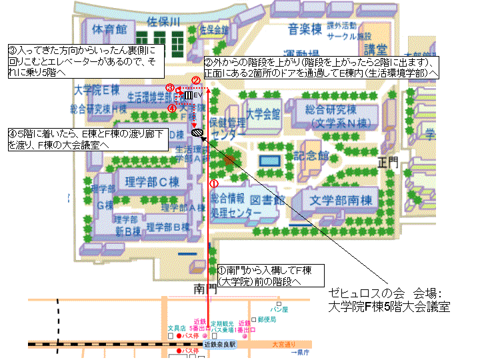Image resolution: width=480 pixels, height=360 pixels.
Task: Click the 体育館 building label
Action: (109, 30)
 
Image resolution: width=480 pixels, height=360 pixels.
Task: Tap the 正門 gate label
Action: (387, 161)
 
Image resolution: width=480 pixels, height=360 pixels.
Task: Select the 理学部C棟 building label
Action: (151, 181)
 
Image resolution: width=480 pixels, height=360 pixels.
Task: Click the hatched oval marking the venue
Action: (197, 133)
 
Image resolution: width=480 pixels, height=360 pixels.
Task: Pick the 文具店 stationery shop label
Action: (175, 328)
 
